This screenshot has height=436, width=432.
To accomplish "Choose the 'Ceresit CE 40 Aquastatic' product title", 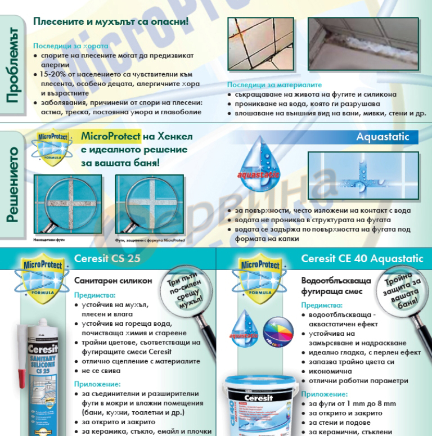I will [x=361, y=258].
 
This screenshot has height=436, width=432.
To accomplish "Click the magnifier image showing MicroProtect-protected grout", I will [x=141, y=199].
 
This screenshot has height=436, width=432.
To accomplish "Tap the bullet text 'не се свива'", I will [x=102, y=372].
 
